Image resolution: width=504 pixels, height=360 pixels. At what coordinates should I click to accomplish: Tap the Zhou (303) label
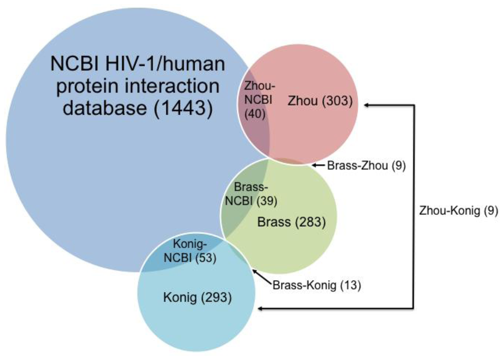click(x=320, y=101)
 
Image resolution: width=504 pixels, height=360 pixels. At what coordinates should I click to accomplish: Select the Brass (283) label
click(x=291, y=222)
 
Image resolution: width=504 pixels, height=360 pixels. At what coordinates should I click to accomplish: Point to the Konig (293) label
click(x=197, y=297)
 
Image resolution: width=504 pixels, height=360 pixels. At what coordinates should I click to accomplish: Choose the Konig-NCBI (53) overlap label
click(x=195, y=251)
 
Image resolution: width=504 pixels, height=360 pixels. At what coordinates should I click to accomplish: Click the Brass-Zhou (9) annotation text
click(x=366, y=166)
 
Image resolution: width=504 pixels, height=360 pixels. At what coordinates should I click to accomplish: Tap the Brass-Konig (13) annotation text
click(x=317, y=285)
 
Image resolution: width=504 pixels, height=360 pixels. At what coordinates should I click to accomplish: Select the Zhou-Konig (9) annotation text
click(x=458, y=210)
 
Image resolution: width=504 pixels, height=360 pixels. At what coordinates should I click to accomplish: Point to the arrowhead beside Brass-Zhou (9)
click(x=314, y=166)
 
